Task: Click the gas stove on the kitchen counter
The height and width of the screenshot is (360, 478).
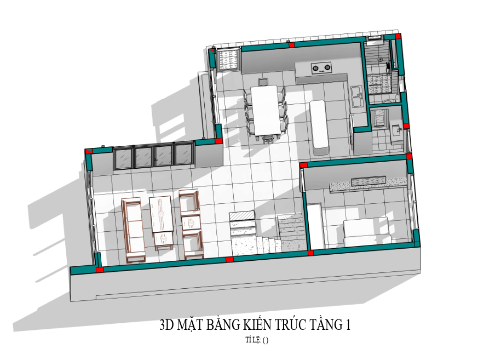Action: point(321,68)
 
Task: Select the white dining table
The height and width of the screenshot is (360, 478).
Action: point(266,111)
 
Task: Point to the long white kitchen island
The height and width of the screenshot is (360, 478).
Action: point(319,124)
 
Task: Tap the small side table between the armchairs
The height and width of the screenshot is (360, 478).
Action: point(191,223)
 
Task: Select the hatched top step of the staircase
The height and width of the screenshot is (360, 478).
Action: point(242,215)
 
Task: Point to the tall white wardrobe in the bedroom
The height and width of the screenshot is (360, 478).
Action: point(315,226)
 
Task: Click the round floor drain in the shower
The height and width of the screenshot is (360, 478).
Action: point(380,60)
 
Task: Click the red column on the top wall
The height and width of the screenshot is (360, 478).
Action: point(292,45)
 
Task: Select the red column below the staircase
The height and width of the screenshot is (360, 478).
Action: point(229,260)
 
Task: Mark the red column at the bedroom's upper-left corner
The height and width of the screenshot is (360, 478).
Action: point(304,165)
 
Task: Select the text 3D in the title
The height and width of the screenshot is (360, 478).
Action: point(166,325)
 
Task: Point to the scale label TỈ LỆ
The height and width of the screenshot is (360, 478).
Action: point(253,340)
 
